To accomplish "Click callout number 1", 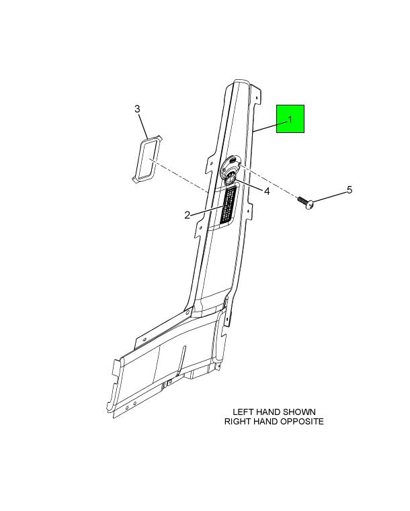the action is pos(290,120).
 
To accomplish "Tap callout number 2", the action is pos(188,215).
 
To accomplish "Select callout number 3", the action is pos(137,109).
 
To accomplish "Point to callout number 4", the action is pos(267,191).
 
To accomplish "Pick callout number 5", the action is pos(350,189).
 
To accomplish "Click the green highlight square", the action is pos(290,119).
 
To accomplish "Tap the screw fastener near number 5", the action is pos(306,202).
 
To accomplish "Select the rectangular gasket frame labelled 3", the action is pos(147,159).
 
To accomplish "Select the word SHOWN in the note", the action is pos(299,412).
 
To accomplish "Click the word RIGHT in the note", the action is pos(236,422).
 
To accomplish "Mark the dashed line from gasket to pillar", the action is pos(179,175).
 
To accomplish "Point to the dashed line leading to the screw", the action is pos(269,182).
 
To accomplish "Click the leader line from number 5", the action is pos(329,197).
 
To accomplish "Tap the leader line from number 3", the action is pos(143,126).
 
